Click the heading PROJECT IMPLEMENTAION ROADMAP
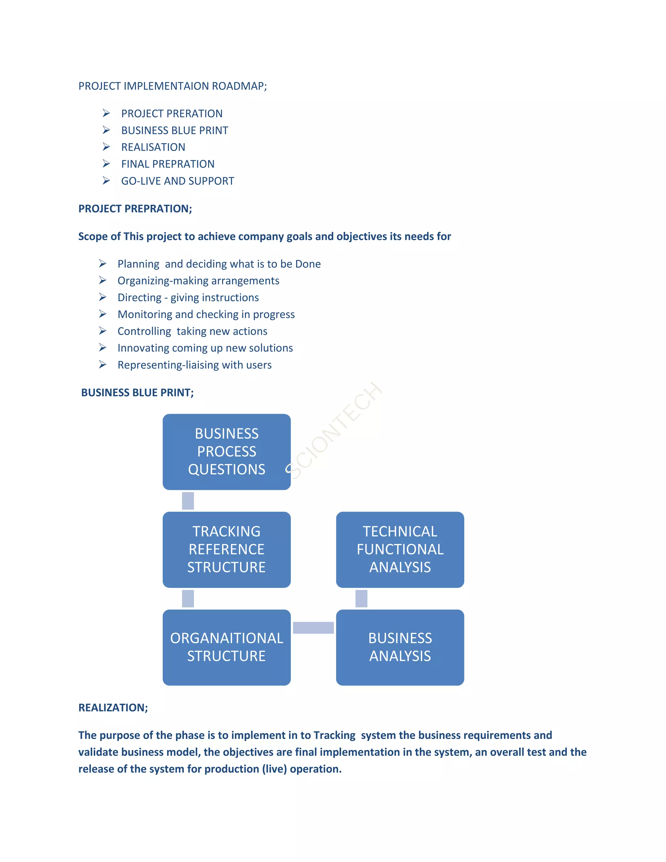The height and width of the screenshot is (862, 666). [172, 86]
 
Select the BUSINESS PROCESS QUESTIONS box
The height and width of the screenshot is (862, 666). [226, 451]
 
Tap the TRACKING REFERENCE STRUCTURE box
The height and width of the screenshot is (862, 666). [226, 549]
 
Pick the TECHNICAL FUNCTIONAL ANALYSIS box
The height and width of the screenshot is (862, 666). [400, 549]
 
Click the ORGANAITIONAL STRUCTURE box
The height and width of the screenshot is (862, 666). [226, 647]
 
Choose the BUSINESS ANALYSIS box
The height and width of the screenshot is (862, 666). [400, 647]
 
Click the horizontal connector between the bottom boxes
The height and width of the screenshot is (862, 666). [313, 627]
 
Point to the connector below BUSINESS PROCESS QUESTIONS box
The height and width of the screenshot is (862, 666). [188, 501]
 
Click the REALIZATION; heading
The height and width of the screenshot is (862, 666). [113, 708]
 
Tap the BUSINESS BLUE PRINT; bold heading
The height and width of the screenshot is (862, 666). [137, 393]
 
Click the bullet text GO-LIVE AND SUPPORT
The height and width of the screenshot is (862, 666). [178, 181]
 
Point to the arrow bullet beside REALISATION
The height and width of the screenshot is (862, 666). [106, 147]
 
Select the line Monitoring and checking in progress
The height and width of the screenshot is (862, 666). [206, 315]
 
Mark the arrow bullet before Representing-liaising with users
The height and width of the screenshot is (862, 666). [102, 365]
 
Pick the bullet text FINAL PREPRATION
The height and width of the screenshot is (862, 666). [168, 164]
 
